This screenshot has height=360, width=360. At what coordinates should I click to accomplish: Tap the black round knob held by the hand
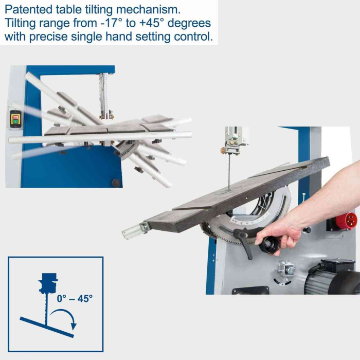[269, 244]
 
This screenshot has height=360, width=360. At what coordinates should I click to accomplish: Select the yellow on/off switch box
[15, 119]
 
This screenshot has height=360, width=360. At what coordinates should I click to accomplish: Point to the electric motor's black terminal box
[337, 266]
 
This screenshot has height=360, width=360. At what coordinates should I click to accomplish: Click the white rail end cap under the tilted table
[131, 232]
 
